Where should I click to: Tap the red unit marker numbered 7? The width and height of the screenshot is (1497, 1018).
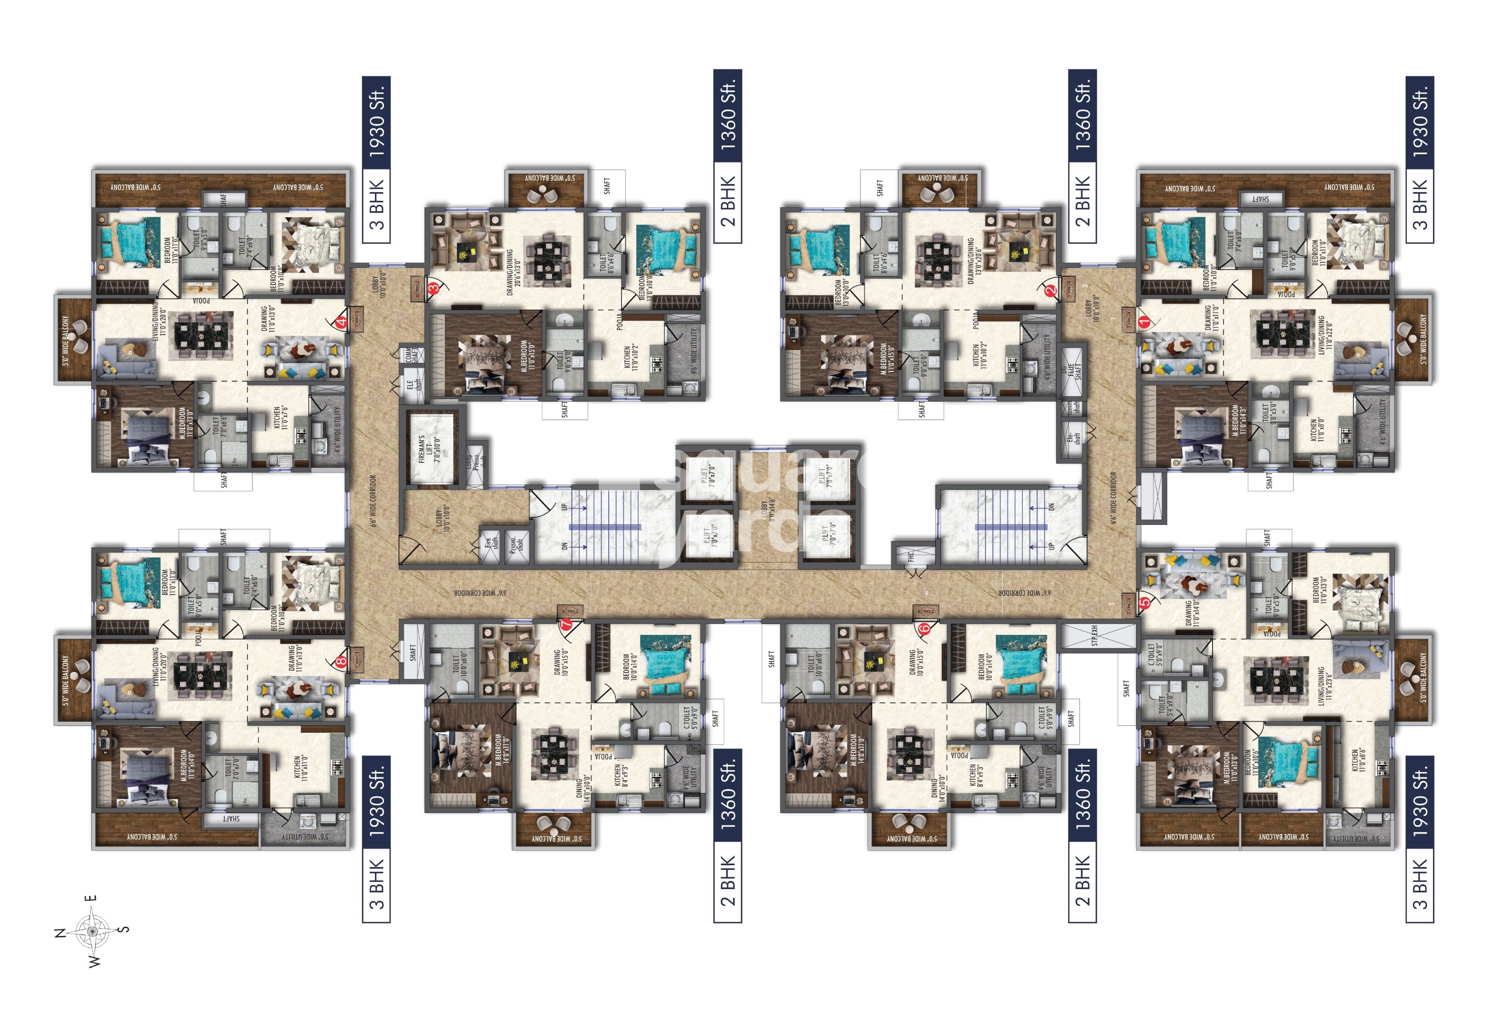(566, 624)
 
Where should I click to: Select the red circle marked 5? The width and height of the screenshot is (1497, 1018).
(1144, 604)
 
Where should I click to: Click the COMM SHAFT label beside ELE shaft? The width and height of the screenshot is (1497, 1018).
(410, 356)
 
